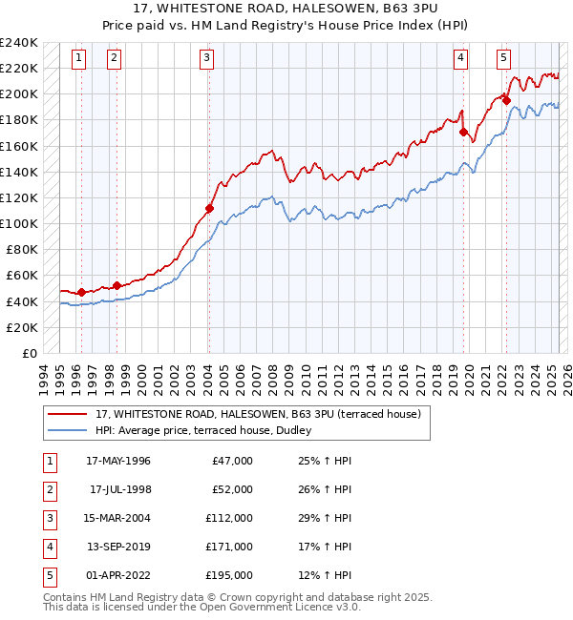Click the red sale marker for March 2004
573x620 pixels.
(209, 208)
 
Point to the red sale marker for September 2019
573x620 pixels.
(463, 133)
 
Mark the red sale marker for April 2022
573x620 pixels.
(506, 100)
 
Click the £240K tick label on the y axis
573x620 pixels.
(18, 43)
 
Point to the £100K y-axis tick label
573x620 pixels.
(18, 223)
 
